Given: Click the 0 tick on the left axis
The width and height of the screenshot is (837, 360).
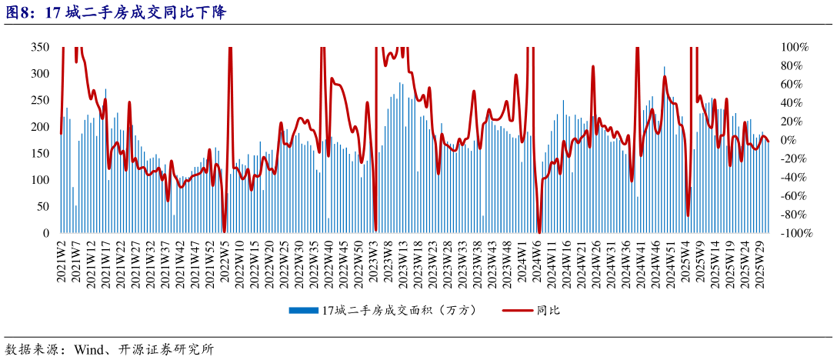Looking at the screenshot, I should (47, 233).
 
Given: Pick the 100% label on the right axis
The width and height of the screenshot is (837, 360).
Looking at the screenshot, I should (794, 48).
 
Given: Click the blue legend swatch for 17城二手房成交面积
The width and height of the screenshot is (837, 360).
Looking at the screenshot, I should (303, 311).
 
